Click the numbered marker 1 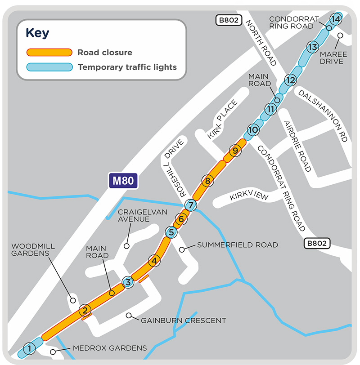(29, 348)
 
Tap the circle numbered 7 (191, 205)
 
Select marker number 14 (335, 19)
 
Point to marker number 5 (171, 232)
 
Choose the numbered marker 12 (290, 80)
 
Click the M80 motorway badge (123, 182)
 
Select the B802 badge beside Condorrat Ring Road (317, 244)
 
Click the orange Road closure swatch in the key (49, 52)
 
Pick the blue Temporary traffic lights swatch (49, 67)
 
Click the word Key (37, 33)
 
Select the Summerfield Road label (237, 245)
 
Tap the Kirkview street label (249, 196)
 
